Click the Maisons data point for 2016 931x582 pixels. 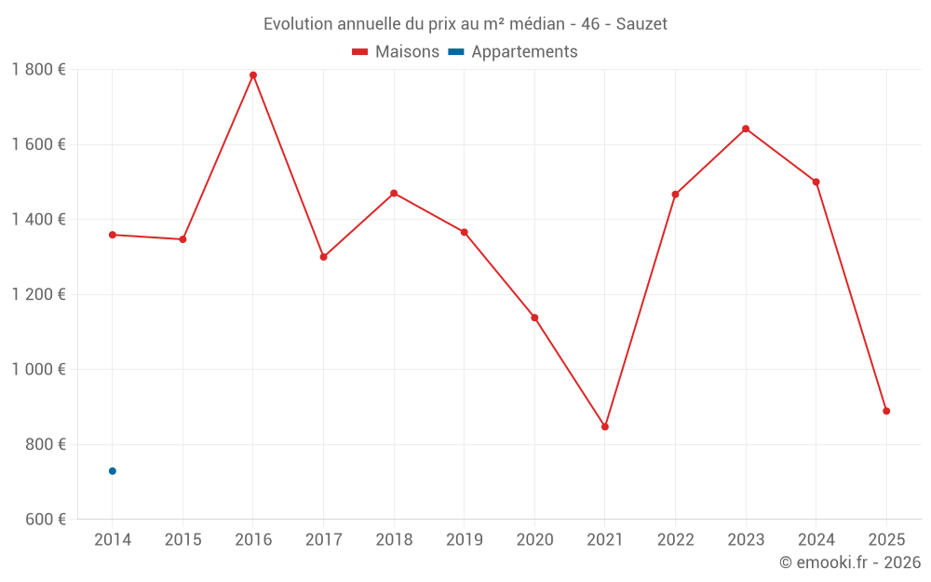tap(253, 75)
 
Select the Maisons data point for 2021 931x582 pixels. tap(605, 426)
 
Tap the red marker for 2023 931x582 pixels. tap(746, 129)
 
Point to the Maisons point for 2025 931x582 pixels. tap(886, 411)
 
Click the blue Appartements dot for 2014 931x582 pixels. tap(113, 471)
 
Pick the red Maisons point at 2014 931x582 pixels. tap(113, 235)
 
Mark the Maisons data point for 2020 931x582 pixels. tap(534, 318)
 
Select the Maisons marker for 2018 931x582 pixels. tap(394, 193)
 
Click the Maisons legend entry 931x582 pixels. tap(396, 52)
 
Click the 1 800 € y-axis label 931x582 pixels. tap(38, 70)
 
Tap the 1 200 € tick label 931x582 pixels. tap(38, 294)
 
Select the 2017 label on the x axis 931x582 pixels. tap(323, 540)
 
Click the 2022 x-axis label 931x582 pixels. tap(675, 540)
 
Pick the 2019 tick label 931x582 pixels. tap(464, 540)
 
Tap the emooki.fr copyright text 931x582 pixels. tap(850, 562)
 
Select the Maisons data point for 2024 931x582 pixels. tap(816, 182)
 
